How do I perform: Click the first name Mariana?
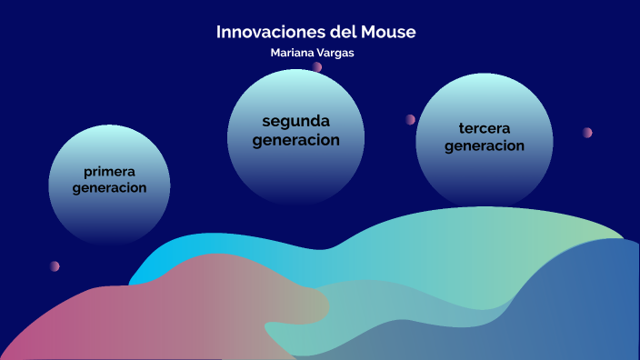tap(293, 53)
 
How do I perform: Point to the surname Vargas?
tap(336, 53)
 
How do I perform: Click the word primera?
tap(109, 171)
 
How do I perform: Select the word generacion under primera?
tap(109, 188)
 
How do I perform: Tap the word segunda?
tap(295, 121)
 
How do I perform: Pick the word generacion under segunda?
tap(295, 140)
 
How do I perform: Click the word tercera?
tap(485, 127)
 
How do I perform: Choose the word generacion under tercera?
tap(485, 145)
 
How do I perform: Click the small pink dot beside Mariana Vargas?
tap(317, 66)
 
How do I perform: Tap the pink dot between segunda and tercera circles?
tap(411, 119)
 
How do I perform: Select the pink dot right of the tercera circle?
tap(588, 133)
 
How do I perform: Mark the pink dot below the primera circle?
tap(55, 266)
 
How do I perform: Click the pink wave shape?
tap(136, 314)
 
